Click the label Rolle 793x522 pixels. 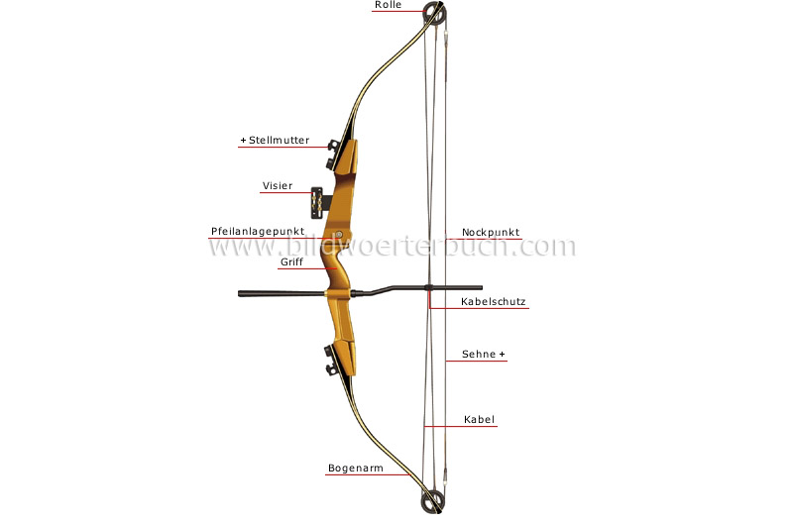[388, 5]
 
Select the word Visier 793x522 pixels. [278, 186]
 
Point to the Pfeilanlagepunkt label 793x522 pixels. [258, 232]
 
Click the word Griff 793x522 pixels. [291, 262]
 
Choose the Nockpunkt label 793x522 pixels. [491, 233]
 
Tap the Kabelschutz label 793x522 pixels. [493, 302]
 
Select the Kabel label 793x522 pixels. [479, 419]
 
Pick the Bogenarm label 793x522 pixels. [356, 469]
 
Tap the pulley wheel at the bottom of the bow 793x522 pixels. [433, 500]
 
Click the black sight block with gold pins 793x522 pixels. [317, 203]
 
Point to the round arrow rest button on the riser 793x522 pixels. [339, 235]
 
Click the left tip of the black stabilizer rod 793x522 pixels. [239, 293]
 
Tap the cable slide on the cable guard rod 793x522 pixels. [429, 288]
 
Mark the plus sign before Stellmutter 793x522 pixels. [243, 141]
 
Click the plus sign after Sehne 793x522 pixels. [503, 355]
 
